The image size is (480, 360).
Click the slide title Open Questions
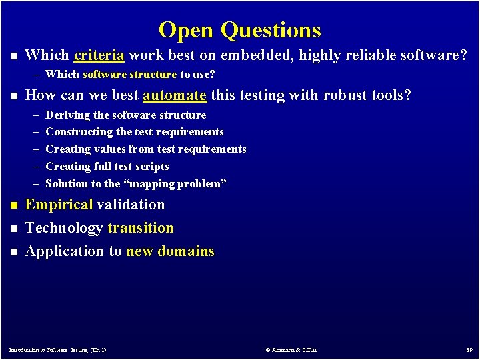(240, 30)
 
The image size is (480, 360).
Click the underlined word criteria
(99, 55)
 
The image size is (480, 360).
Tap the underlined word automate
(175, 95)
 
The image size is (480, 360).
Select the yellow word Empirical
(59, 205)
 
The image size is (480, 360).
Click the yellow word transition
(141, 228)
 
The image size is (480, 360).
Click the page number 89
(469, 349)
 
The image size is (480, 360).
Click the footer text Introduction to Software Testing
(57, 349)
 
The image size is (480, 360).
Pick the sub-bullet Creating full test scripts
(107, 166)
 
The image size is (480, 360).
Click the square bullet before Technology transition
(11, 229)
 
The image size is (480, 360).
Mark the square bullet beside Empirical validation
(11, 205)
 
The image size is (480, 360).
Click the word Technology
(64, 228)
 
